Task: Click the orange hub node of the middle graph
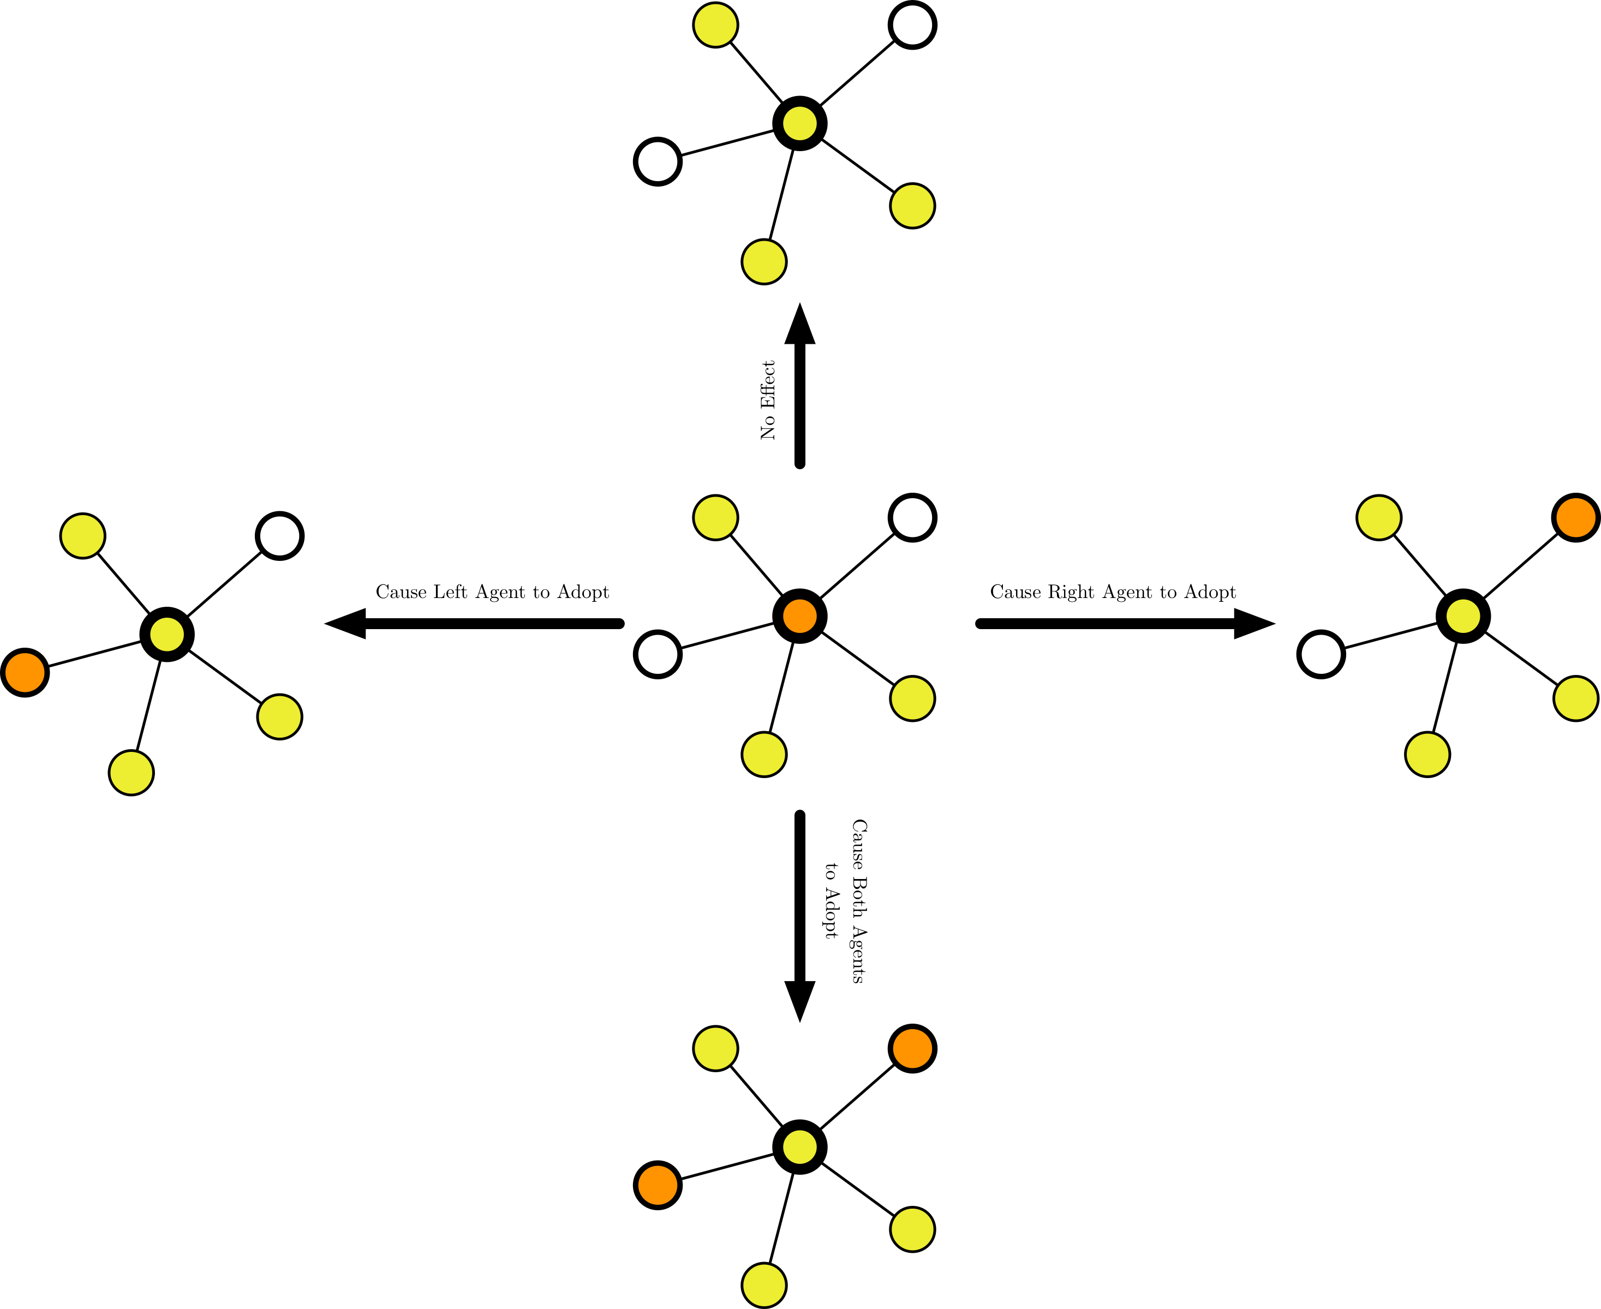click(799, 616)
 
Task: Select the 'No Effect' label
click(768, 399)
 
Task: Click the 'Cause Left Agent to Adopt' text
click(492, 592)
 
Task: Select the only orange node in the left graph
click(25, 672)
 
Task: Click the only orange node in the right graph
click(1575, 518)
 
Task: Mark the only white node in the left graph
click(279, 536)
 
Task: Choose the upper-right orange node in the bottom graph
click(912, 1048)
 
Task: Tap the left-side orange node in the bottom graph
click(658, 1185)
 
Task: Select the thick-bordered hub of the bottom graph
click(799, 1147)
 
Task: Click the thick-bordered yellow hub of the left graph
click(166, 634)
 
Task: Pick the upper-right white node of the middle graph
click(912, 518)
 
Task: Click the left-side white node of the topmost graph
click(658, 162)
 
